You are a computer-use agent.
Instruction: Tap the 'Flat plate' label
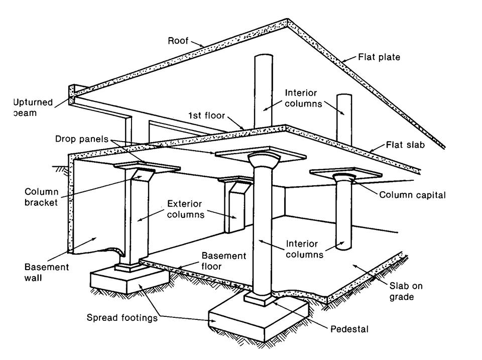point(379,57)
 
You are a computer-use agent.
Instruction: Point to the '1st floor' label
point(205,115)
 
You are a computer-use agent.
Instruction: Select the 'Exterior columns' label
point(184,209)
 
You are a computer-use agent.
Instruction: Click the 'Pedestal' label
point(349,329)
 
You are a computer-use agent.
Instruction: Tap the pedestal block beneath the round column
point(260,299)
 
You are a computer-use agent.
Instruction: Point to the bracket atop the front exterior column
point(144,176)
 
